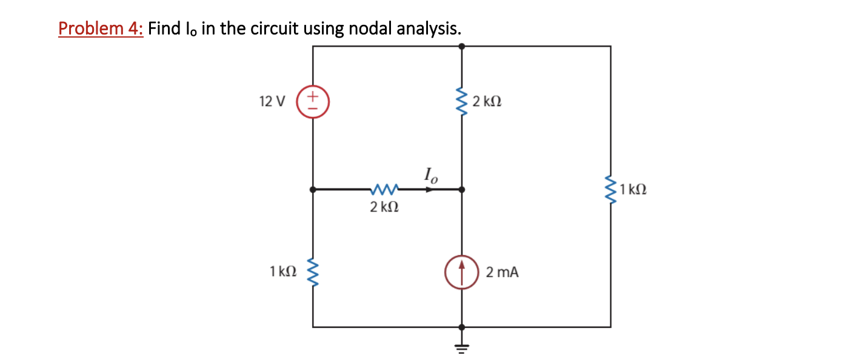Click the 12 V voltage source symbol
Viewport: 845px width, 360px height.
point(313,101)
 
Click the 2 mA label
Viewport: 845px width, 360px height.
point(503,272)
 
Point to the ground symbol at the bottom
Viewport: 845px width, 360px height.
point(461,347)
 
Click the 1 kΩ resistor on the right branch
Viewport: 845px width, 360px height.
point(610,189)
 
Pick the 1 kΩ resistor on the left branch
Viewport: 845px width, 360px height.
point(313,271)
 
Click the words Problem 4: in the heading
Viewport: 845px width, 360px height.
point(101,28)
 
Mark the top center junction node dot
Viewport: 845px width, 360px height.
point(461,45)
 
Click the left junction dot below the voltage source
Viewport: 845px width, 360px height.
point(313,189)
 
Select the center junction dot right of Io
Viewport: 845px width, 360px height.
point(461,189)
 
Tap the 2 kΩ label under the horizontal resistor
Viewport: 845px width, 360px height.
point(384,207)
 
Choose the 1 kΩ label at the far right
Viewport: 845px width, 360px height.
point(634,189)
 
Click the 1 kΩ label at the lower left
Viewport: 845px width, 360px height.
point(284,272)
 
